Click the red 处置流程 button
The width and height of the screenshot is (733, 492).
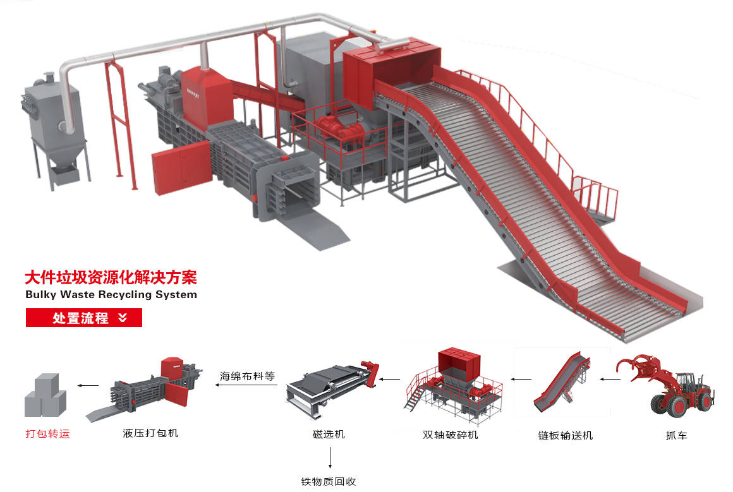(x=83, y=318)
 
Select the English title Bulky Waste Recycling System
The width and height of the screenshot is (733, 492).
(x=111, y=295)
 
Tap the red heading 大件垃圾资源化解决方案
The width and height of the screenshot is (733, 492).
(x=111, y=277)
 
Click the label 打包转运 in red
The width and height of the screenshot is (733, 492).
(x=47, y=434)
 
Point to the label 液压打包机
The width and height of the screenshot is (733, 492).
(x=150, y=433)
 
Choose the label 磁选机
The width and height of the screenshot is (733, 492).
(x=329, y=435)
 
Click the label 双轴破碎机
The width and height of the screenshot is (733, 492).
(x=450, y=435)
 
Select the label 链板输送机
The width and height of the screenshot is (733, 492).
(x=565, y=435)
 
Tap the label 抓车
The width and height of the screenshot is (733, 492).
(x=676, y=435)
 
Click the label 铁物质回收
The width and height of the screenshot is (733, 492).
(x=329, y=481)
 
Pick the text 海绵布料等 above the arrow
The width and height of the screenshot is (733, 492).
(x=247, y=376)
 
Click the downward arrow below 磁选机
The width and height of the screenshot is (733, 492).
(x=330, y=458)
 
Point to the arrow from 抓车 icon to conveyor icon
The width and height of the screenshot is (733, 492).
(x=610, y=379)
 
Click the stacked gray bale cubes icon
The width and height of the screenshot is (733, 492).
(x=45, y=395)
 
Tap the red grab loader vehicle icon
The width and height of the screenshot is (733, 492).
(x=665, y=386)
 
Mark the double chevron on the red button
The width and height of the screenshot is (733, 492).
(x=123, y=318)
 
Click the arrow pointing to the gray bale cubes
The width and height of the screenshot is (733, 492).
(x=88, y=385)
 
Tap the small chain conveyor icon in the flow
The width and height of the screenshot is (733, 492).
(x=562, y=383)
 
